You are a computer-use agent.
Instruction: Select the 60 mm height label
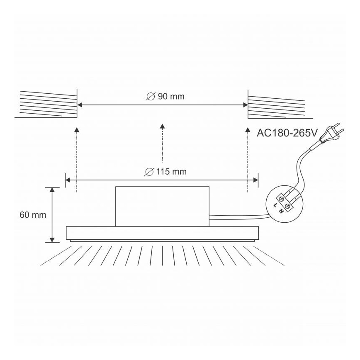click(33, 215)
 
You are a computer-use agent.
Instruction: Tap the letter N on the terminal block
click(282, 210)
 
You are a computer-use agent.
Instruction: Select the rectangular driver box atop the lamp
click(162, 206)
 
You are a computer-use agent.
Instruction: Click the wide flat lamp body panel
click(162, 233)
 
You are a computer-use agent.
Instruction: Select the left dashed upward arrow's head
click(77, 130)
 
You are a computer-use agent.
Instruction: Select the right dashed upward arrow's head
click(248, 130)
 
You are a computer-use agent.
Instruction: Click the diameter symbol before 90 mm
click(151, 97)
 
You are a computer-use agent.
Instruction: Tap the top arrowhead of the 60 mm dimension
click(52, 190)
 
